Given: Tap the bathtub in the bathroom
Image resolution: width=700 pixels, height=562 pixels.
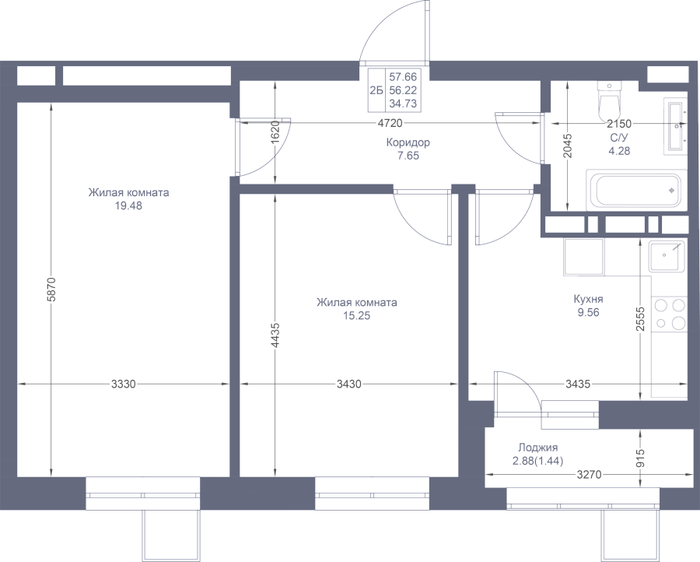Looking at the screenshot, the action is [x=635, y=190].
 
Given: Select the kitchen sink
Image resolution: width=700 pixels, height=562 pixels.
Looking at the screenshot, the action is [x=667, y=256].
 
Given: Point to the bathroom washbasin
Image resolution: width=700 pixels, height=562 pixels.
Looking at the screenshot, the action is [x=675, y=127].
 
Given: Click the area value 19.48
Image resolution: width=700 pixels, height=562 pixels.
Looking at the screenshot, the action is [x=128, y=206].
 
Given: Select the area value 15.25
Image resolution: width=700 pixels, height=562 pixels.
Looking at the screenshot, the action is [x=357, y=316].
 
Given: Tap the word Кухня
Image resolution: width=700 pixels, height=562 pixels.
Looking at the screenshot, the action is [x=589, y=299].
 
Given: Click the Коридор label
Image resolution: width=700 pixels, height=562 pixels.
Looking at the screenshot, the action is [x=408, y=142].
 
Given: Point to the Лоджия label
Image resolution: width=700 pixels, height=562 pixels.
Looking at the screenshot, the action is [x=538, y=448].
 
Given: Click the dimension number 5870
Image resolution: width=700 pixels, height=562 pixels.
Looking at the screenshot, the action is [x=51, y=290].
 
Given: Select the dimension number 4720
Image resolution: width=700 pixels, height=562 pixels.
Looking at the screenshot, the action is [x=390, y=123].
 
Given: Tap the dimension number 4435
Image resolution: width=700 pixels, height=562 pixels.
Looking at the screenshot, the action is [x=275, y=335].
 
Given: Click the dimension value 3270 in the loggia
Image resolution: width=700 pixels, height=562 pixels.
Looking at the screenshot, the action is [x=590, y=475].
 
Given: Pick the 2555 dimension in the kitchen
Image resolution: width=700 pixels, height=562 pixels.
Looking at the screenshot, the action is [x=641, y=318].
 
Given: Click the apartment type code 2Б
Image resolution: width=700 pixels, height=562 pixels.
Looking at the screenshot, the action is [x=376, y=91].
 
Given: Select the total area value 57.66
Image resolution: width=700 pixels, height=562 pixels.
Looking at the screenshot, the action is [x=403, y=77].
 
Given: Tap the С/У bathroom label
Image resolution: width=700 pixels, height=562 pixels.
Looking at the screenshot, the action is [x=620, y=138].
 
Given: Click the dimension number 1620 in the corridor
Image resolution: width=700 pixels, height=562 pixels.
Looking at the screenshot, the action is [x=275, y=131].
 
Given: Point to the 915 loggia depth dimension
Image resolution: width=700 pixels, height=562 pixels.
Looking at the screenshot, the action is [x=641, y=458].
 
